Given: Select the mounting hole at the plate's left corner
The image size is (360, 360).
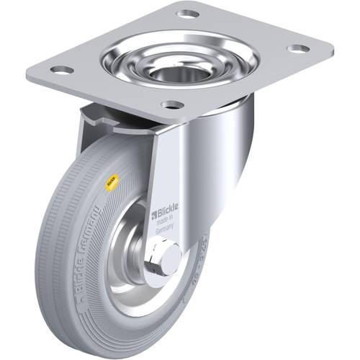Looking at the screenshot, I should pyautogui.click(x=62, y=70).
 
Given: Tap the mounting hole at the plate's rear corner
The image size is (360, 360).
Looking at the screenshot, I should pyautogui.click(x=188, y=14).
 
